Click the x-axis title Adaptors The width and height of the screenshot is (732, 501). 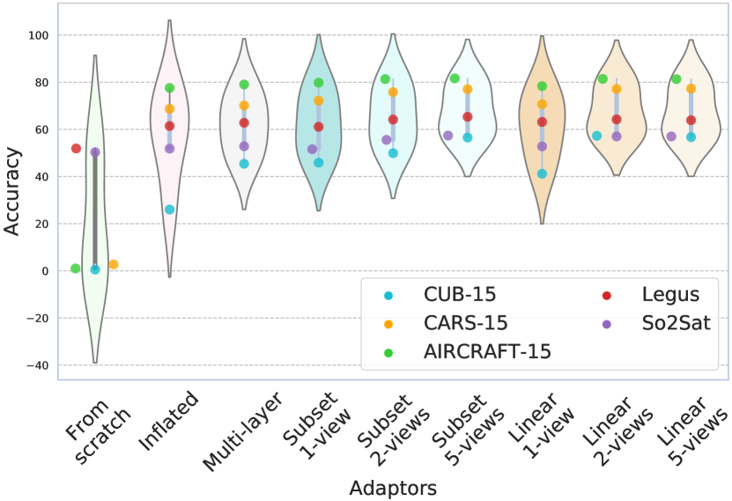coord(394,487)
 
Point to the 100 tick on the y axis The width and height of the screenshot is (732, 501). coord(38,35)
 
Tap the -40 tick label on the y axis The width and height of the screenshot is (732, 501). coord(35,365)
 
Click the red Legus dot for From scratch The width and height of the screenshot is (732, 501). coord(77,149)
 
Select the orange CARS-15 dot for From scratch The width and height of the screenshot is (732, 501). coord(114,264)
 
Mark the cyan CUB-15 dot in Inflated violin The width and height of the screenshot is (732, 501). coord(170,210)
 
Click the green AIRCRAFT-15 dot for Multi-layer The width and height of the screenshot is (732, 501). coord(244,85)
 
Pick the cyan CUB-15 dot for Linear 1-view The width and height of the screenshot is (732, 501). coord(543,173)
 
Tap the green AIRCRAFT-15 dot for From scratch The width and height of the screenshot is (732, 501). coord(76,269)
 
